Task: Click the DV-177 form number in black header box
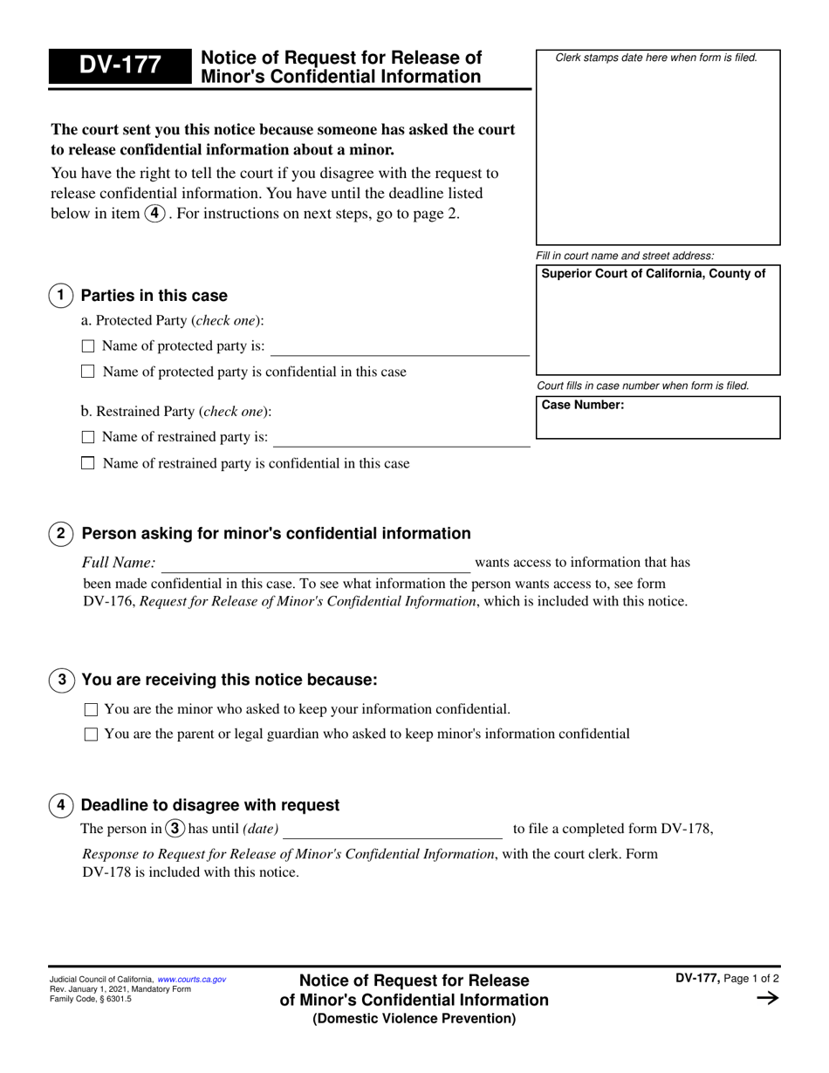coord(120,66)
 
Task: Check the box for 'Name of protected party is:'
coord(87,346)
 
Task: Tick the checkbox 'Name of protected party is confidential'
coord(87,372)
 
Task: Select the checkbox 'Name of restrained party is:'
coord(87,437)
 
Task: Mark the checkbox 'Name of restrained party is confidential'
coord(87,463)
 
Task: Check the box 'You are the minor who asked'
coord(91,710)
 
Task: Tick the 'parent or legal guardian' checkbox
coord(91,735)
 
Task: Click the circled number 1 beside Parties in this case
coord(60,296)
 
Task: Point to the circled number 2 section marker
coord(60,534)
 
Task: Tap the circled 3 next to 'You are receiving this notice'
coord(61,680)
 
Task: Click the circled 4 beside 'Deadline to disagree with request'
coord(60,805)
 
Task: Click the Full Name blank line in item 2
coord(315,564)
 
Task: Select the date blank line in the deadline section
coord(393,830)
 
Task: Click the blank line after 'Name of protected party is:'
coord(400,348)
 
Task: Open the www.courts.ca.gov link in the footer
coord(191,980)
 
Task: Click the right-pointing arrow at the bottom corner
coord(766,999)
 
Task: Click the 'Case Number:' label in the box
coord(583,405)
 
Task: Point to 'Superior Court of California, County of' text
coord(654,274)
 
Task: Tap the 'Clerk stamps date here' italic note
coord(656,58)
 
